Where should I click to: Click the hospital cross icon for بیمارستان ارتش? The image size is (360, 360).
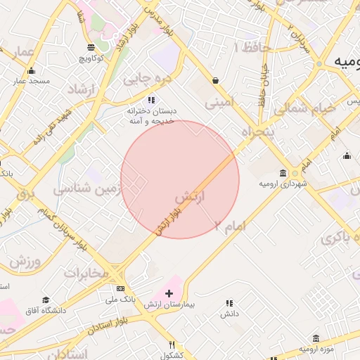click(169, 292)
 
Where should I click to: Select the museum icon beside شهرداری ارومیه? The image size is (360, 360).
click(283, 173)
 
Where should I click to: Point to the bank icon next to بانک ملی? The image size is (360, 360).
click(120, 289)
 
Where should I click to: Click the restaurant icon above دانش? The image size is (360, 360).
click(229, 303)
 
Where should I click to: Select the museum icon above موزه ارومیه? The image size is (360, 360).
click(316, 338)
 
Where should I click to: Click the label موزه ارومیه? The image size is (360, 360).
click(316, 349)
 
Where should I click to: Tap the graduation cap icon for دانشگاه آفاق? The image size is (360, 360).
click(46, 300)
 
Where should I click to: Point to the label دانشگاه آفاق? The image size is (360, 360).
click(45, 310)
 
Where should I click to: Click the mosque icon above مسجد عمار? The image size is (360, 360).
click(31, 70)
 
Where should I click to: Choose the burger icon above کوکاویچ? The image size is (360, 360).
click(91, 48)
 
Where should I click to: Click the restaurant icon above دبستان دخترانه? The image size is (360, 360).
click(151, 100)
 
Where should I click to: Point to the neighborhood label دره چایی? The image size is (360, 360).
click(147, 79)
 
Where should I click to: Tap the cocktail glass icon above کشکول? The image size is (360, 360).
click(172, 344)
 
